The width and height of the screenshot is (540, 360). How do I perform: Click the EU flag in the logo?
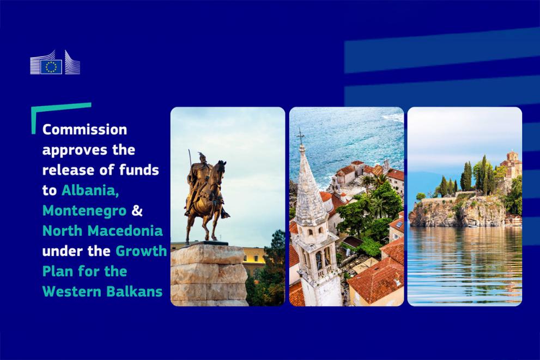tap(51, 66)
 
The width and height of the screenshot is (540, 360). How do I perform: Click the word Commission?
tap(84, 130)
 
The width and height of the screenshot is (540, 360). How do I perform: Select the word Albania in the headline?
tap(90, 190)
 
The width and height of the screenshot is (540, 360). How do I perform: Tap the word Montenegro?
tap(84, 211)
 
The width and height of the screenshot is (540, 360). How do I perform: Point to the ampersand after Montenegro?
tap(137, 210)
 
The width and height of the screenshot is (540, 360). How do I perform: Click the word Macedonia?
tap(125, 230)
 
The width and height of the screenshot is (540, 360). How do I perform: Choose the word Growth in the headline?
tap(141, 251)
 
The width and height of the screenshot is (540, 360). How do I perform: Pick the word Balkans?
tap(134, 291)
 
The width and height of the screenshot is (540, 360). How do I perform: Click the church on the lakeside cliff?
tap(511, 164)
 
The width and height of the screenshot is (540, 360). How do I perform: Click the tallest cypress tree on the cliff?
tap(484, 174)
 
